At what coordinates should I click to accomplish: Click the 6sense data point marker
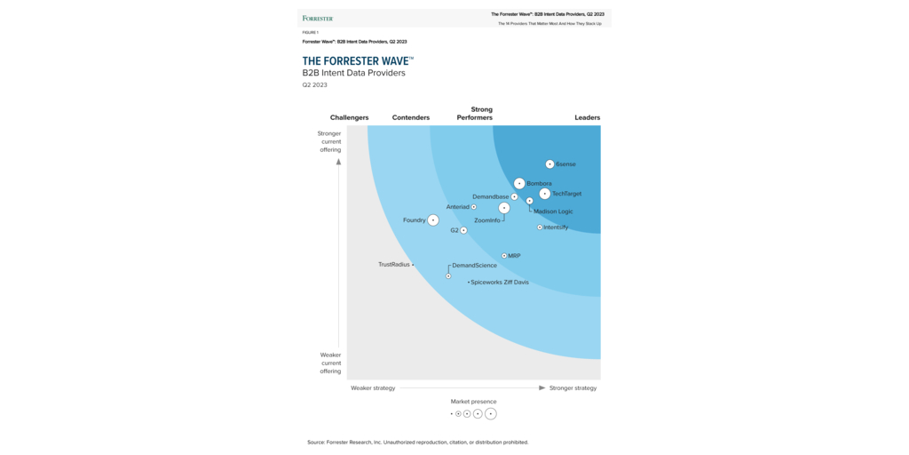pos(549,164)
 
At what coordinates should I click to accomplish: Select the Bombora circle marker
pos(519,183)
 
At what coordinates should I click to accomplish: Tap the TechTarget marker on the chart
pos(544,194)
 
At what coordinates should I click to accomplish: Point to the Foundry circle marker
pos(433,220)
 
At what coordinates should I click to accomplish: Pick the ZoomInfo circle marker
pos(504,208)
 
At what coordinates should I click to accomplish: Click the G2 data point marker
pos(463,230)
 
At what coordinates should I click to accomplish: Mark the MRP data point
pos(504,256)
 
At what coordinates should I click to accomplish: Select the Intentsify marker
pos(540,227)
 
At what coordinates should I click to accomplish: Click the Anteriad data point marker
pos(474,207)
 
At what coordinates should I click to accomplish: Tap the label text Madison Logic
pos(553,212)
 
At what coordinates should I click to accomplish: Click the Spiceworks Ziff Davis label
pos(500,283)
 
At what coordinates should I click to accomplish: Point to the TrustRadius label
pos(394,264)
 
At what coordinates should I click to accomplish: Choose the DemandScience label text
pos(475,266)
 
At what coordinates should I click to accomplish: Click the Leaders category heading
pos(587,117)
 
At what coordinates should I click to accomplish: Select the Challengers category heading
pos(349,117)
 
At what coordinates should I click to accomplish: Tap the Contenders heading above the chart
pos(411,117)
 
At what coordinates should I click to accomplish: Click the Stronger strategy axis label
pos(573,388)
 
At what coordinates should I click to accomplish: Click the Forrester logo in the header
pos(318,18)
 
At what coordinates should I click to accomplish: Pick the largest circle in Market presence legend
pos(491,414)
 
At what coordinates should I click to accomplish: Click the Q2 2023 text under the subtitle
pos(315,85)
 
